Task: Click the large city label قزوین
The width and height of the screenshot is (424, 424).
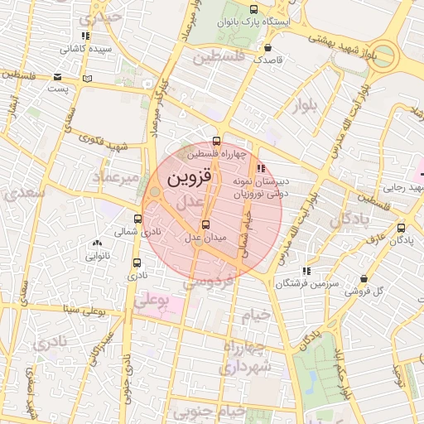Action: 190,177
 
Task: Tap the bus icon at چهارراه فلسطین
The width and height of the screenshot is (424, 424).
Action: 217,141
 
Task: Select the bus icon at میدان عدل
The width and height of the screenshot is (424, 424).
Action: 205,224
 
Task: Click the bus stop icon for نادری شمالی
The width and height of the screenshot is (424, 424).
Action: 137,219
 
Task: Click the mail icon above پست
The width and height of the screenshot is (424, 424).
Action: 57,76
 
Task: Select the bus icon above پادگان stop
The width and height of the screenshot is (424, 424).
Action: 402,229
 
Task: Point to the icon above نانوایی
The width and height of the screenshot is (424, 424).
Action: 98,243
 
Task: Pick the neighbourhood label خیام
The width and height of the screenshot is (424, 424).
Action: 256,316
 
